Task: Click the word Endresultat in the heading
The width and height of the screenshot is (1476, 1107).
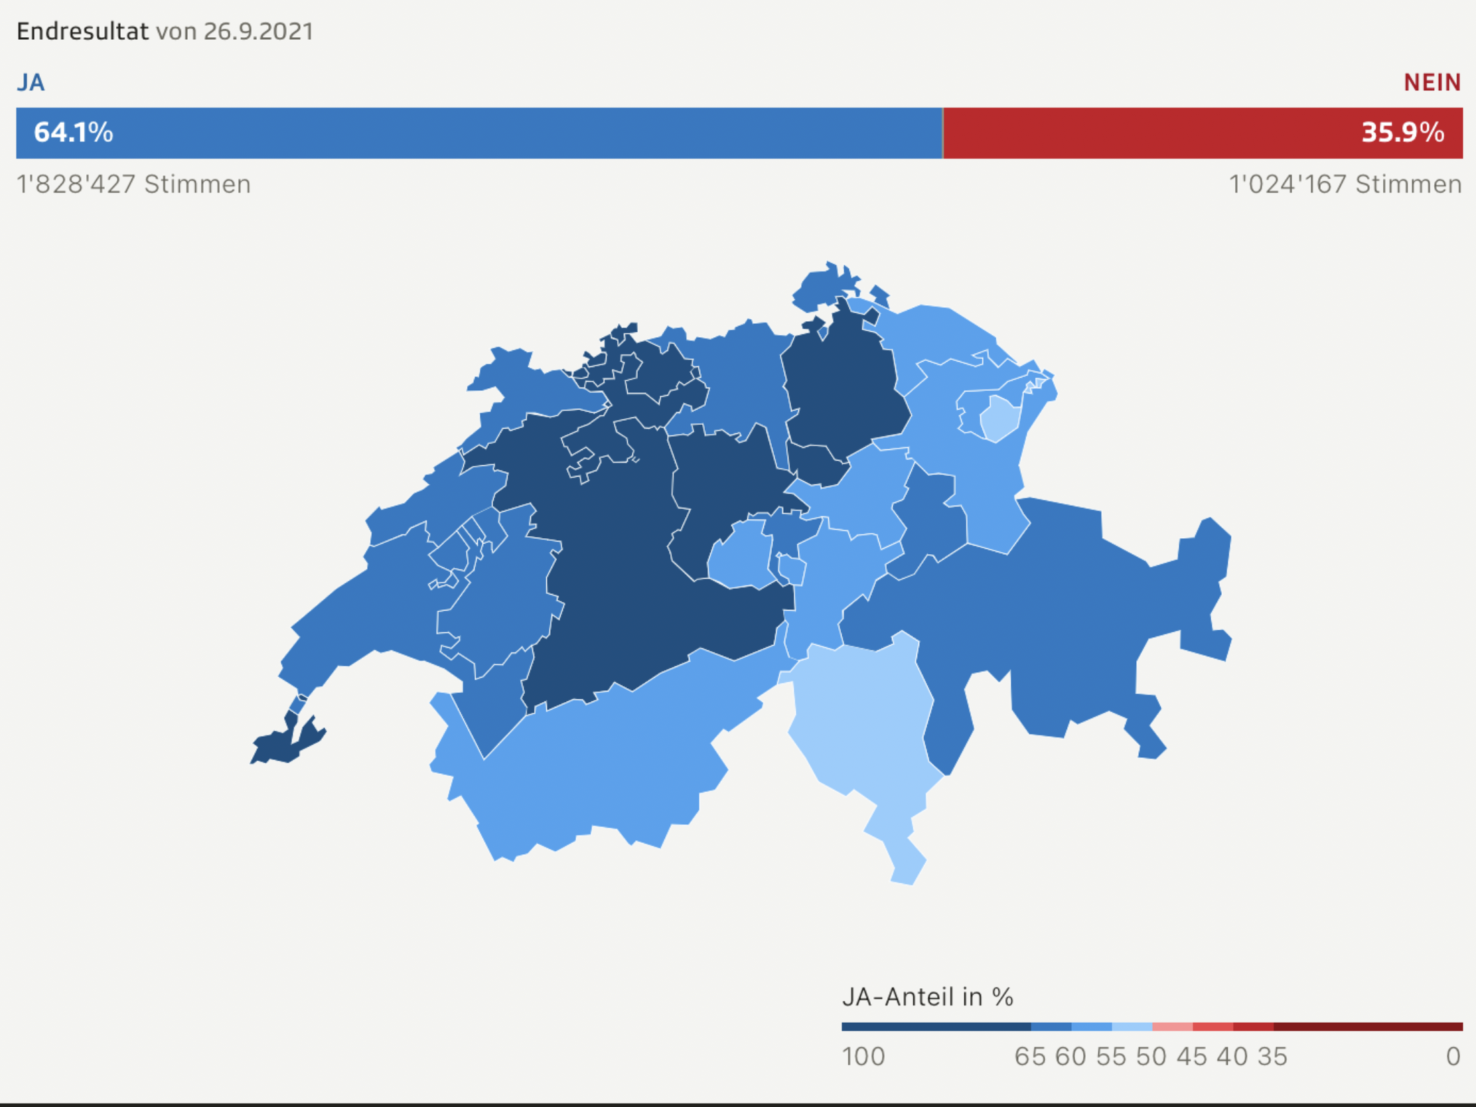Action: coord(82,31)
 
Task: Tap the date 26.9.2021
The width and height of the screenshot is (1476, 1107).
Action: coord(258,31)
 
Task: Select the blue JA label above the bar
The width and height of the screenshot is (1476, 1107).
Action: coord(31,83)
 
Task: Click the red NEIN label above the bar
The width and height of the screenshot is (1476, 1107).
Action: coord(1432,83)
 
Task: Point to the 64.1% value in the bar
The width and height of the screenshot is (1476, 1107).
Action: coord(74,132)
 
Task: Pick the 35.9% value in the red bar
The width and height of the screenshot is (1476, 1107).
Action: coord(1402,132)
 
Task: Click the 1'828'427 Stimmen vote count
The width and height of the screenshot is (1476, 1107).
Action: coord(133,184)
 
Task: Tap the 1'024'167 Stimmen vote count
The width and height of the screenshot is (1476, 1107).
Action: coord(1345,184)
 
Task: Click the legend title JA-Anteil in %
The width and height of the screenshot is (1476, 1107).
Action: coord(928,997)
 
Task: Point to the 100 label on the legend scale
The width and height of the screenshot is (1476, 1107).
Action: coord(863,1057)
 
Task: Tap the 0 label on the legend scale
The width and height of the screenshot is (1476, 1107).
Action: coord(1453,1057)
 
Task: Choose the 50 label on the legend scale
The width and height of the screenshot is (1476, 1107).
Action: coord(1151,1057)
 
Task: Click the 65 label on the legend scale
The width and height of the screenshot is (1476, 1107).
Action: coord(1030,1057)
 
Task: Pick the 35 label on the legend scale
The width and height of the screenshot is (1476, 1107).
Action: coord(1272,1057)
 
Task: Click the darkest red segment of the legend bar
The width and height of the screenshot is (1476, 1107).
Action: coord(1368,1027)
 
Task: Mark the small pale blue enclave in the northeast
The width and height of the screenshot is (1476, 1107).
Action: coord(999,417)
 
